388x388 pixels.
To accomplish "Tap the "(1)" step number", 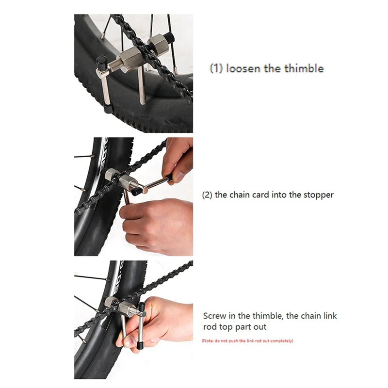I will [216, 68].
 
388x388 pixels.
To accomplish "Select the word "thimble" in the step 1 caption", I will [304, 68].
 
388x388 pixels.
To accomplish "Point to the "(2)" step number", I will [207, 195].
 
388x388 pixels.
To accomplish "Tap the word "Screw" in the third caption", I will [214, 316].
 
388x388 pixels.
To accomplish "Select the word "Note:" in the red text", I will [209, 341].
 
